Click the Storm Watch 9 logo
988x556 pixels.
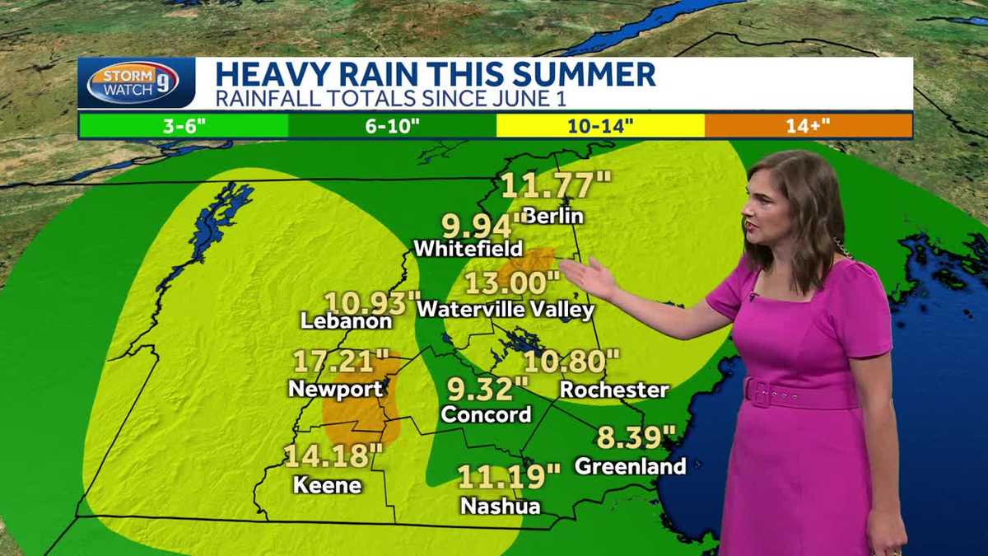click(x=133, y=83)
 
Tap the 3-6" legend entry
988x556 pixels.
click(x=183, y=125)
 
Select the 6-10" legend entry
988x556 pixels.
click(x=392, y=125)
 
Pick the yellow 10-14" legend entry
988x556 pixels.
click(x=600, y=125)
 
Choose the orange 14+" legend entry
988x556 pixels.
click(x=808, y=125)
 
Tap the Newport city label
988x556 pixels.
click(x=335, y=388)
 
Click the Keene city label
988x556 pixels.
click(x=327, y=484)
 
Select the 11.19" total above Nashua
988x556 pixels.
click(x=508, y=476)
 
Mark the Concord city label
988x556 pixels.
click(x=486, y=413)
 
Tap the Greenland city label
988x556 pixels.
click(x=630, y=466)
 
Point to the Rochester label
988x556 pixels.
click(x=613, y=389)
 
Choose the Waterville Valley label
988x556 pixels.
click(x=505, y=310)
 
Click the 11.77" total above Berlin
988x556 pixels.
click(x=547, y=185)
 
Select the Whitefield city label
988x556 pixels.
click(x=468, y=247)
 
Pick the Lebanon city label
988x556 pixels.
click(x=346, y=320)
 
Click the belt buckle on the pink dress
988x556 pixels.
click(x=759, y=392)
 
